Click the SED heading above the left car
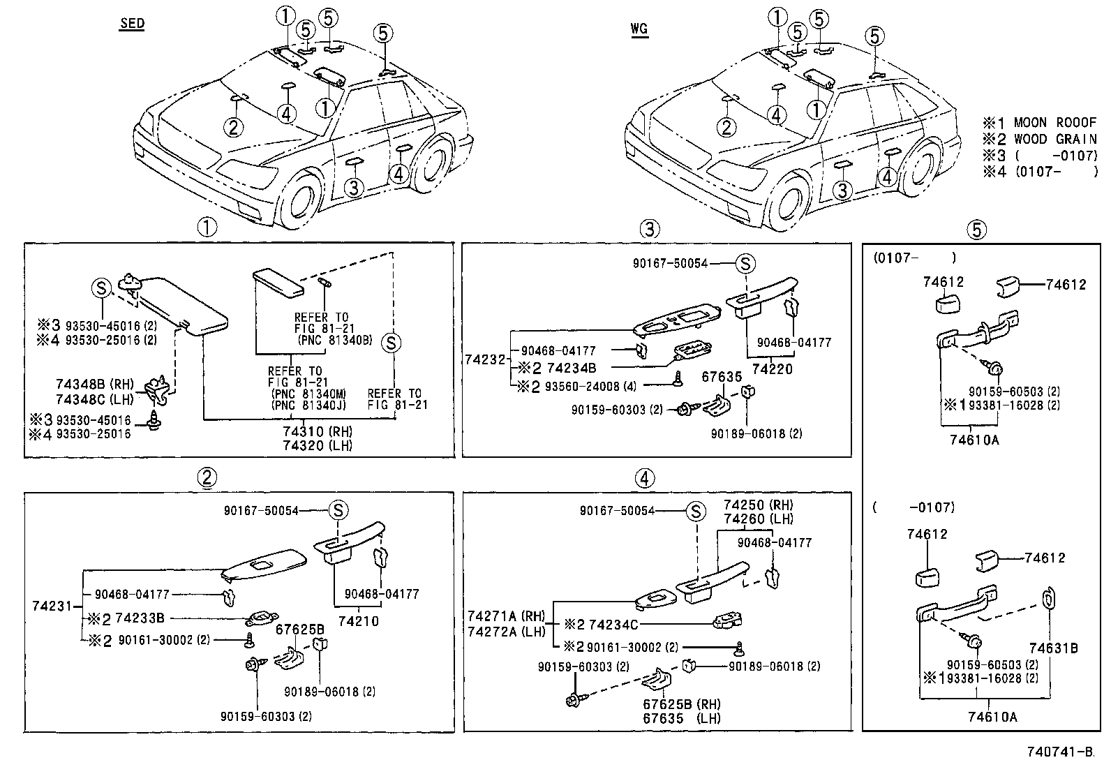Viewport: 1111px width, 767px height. (132, 24)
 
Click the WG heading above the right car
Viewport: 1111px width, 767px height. (639, 29)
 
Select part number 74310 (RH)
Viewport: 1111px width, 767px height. (318, 432)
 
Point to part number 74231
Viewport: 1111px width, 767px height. (52, 606)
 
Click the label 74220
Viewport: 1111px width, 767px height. (773, 368)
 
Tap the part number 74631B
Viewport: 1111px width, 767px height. (1053, 648)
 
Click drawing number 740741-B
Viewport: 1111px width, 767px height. (1059, 752)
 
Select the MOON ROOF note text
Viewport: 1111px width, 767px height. (1054, 123)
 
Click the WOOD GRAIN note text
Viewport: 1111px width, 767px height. (1054, 139)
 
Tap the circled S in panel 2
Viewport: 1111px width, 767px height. (338, 510)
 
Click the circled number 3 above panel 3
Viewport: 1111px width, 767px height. (649, 228)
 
